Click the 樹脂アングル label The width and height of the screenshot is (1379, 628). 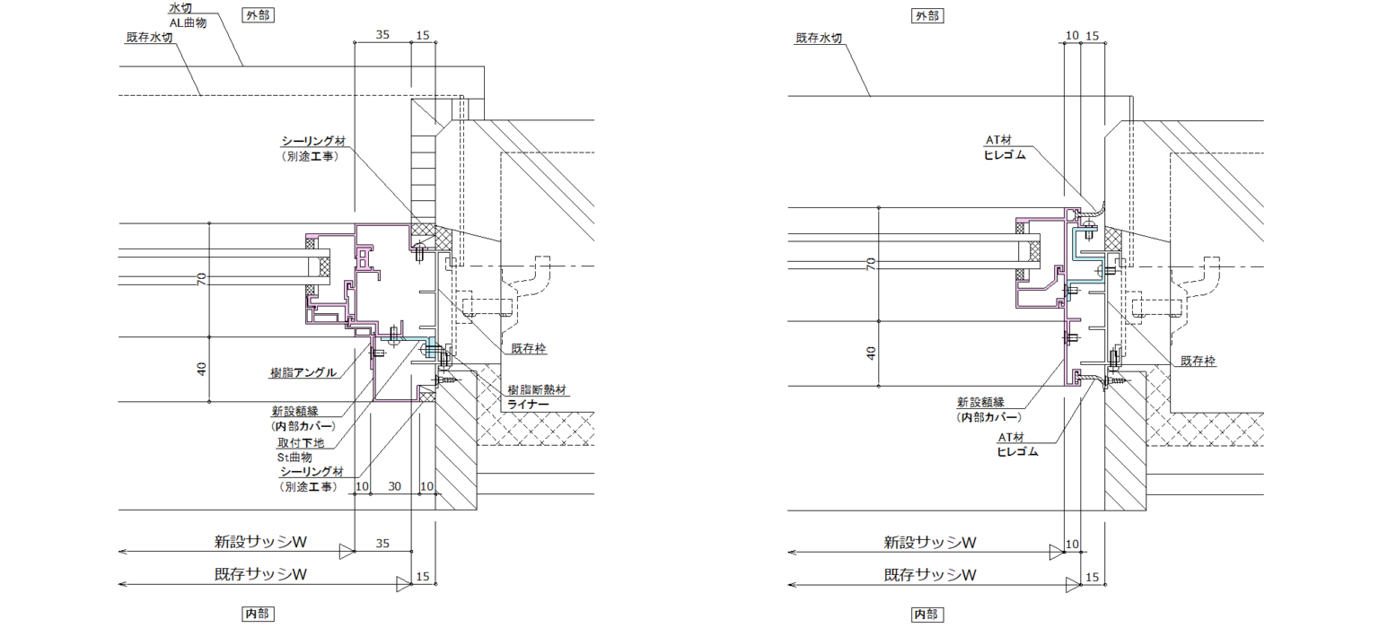pos(303,372)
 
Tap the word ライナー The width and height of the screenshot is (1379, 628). pos(527,406)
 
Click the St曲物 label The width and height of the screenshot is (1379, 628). pos(295,458)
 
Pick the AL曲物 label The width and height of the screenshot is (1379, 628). pos(188,23)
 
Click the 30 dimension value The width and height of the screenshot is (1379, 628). pos(394,485)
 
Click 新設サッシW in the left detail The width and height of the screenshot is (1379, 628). pos(260,542)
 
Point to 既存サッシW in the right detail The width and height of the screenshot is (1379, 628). pos(930,575)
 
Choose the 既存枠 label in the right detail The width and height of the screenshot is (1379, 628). pos(1198,361)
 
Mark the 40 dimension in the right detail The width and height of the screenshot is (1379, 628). pos(871,352)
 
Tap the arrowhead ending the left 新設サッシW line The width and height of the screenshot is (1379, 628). pos(346,550)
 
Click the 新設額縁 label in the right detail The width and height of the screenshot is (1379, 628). pos(981,402)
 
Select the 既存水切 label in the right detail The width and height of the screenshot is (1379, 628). pos(818,39)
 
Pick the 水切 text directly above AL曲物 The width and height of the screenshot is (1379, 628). pos(180,8)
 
